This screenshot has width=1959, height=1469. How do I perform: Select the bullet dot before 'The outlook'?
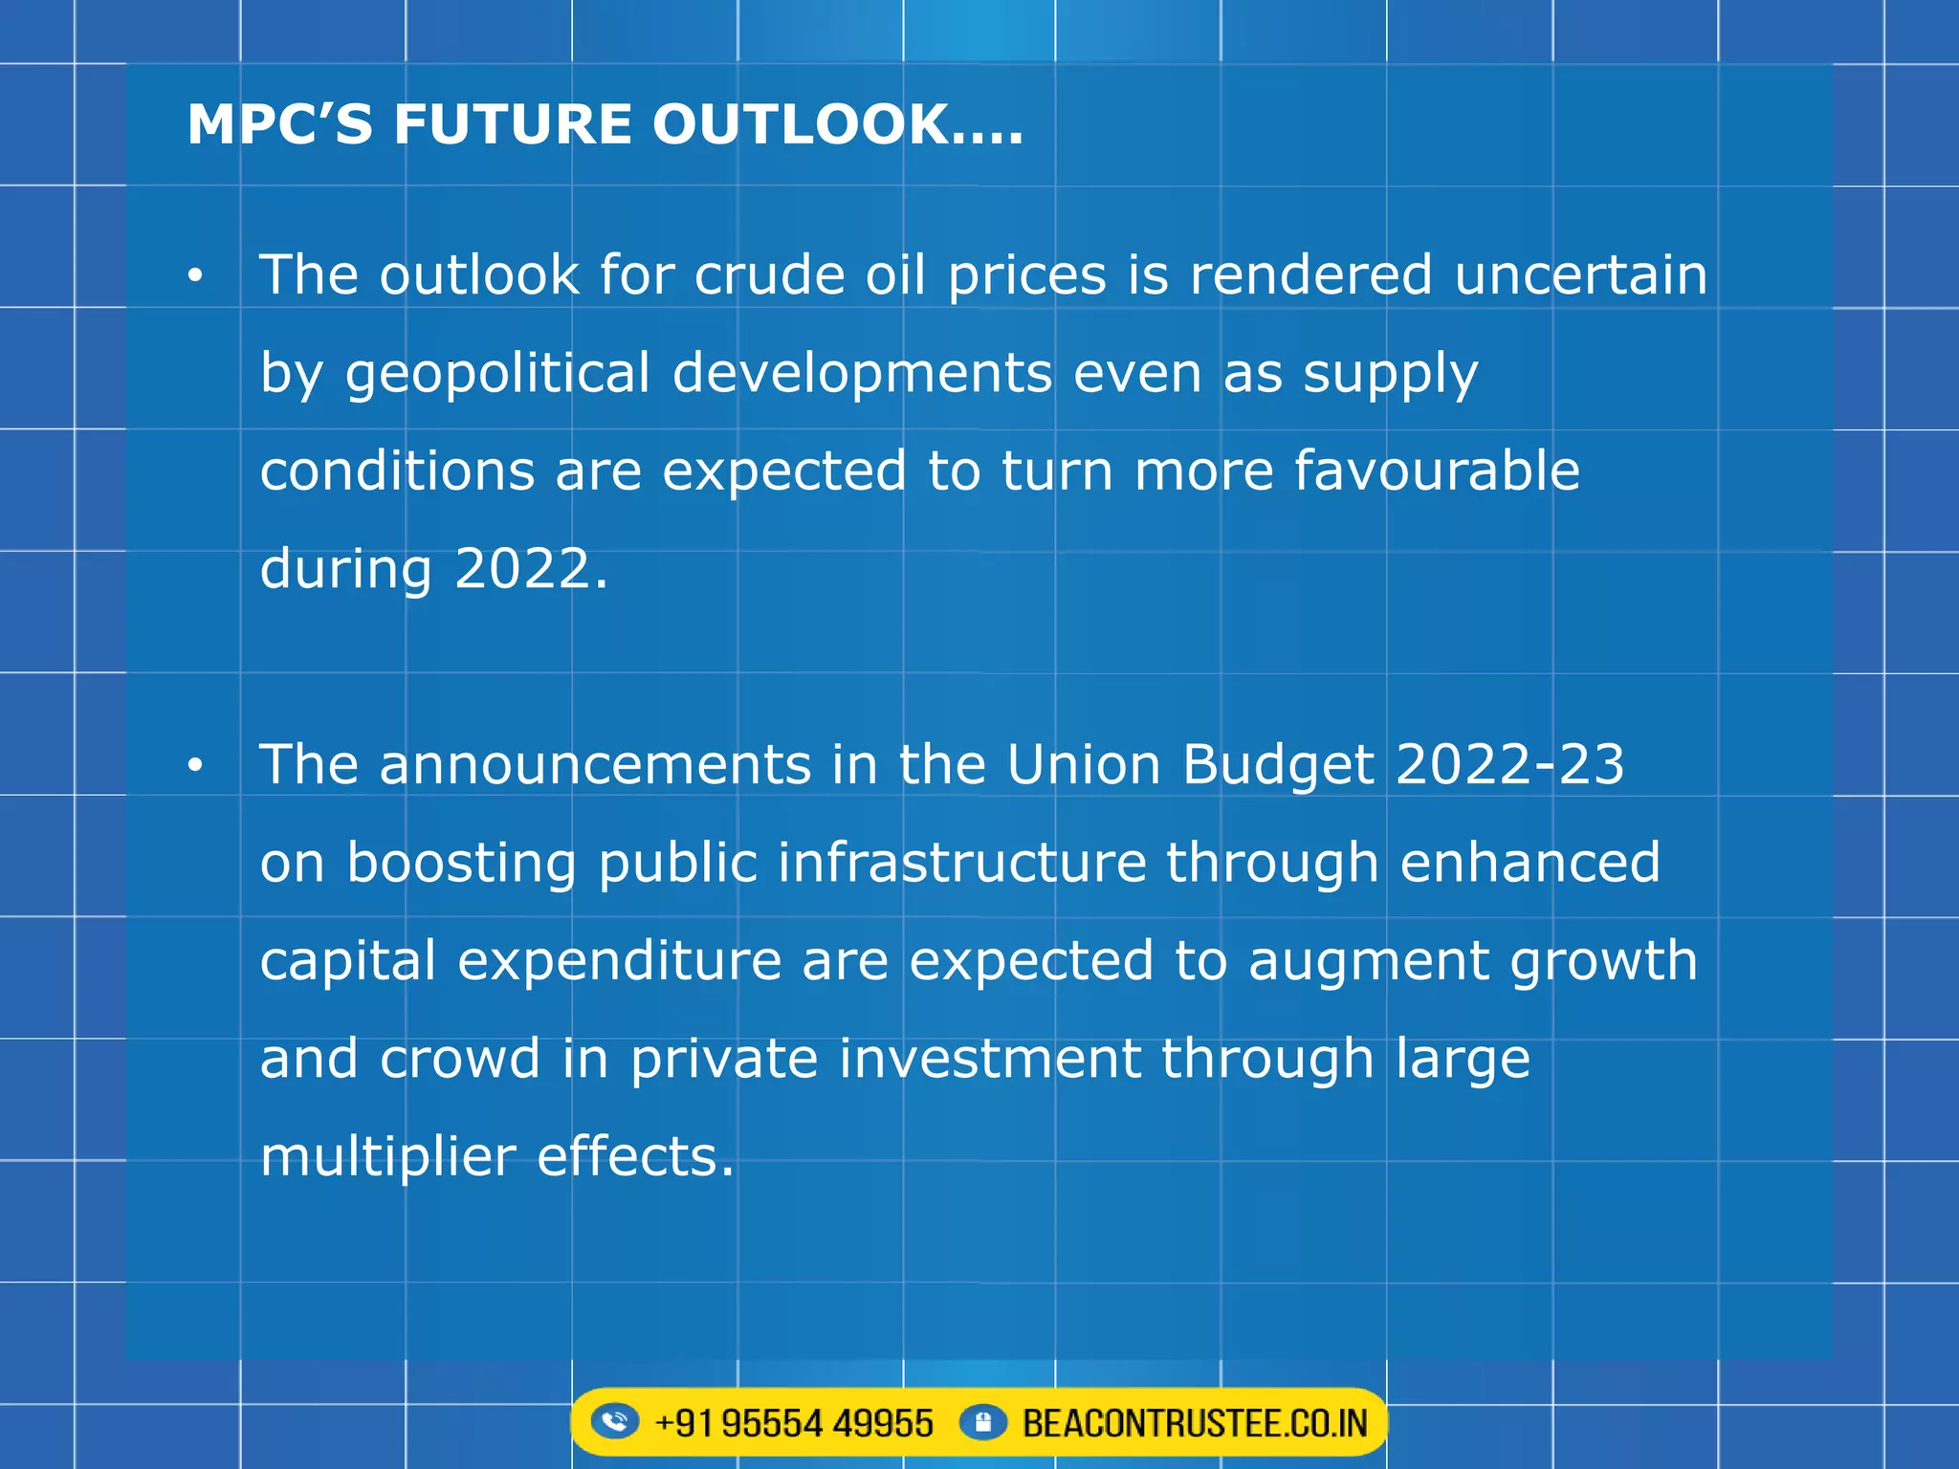coord(196,275)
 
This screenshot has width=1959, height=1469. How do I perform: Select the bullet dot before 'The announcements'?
coord(196,765)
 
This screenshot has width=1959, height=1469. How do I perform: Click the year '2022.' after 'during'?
coord(531,569)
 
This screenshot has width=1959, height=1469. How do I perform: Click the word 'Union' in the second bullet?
coord(1083,765)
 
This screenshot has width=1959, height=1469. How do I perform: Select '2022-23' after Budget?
coord(1509,765)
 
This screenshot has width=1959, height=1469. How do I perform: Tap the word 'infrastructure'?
coord(961,863)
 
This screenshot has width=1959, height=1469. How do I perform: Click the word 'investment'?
coord(990,1059)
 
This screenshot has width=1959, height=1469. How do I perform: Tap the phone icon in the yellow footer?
coord(614,1421)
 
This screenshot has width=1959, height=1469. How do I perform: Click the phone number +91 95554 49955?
coord(793,1423)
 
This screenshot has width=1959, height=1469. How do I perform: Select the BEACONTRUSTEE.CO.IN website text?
coord(1195,1423)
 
